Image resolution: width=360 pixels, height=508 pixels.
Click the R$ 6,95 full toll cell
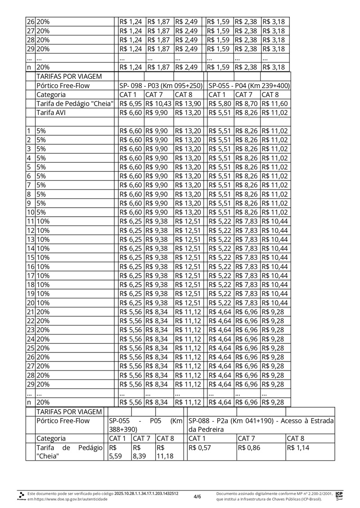[x=131, y=104]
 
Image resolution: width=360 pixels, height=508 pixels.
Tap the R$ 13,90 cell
[x=188, y=104]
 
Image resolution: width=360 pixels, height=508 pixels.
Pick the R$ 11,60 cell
[x=275, y=104]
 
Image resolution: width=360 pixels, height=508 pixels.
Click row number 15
[x=30, y=258]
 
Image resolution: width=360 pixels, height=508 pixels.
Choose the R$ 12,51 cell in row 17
[x=188, y=276]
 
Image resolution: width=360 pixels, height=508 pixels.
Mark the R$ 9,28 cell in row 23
[x=274, y=330]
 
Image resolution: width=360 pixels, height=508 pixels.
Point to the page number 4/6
[x=197, y=496]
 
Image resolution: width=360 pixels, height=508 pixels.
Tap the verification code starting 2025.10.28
[x=146, y=493]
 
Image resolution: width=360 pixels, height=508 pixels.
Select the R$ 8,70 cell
[x=247, y=104]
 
